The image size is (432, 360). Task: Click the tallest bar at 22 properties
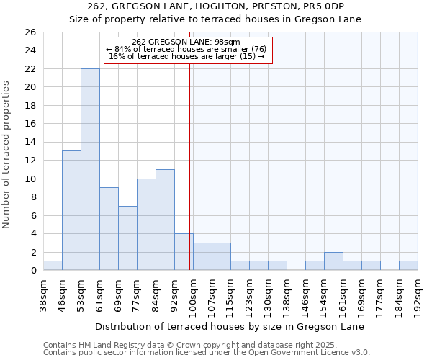pos(90,169)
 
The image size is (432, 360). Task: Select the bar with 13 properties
pos(71,210)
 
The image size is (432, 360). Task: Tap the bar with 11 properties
pos(165,220)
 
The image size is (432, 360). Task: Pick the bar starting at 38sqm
pos(53,265)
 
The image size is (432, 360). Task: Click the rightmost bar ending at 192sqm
pos(408,265)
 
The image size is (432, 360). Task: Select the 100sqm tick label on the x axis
pos(193,295)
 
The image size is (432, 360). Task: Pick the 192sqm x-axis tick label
pos(418,295)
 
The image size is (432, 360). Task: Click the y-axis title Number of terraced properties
pos(6,155)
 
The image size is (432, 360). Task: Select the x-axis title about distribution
pos(230,326)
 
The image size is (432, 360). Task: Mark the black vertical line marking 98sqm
pos(189,166)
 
